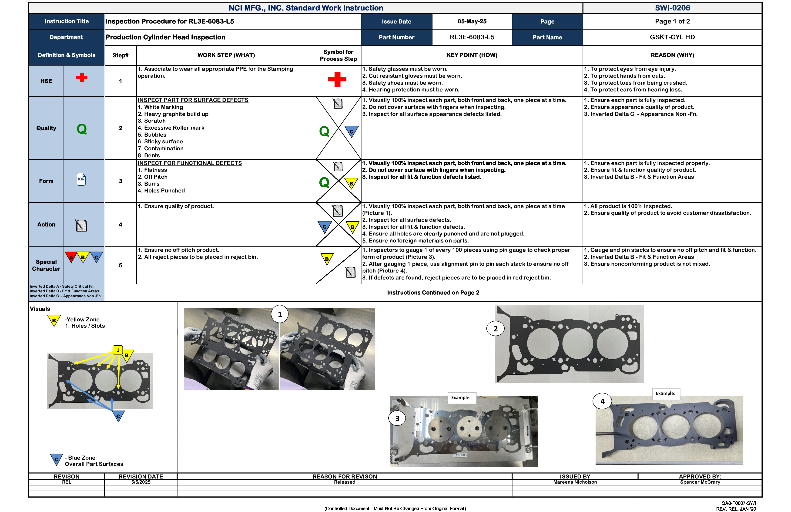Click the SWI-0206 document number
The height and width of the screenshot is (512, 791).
672,8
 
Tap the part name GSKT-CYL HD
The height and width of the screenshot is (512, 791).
672,37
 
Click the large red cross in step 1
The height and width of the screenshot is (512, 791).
337,79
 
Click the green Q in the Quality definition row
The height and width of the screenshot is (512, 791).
81,129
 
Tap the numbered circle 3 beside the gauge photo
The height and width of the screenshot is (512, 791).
397,418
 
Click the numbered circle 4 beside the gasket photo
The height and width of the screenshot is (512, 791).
602,401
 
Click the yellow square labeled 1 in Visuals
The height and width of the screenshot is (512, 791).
118,350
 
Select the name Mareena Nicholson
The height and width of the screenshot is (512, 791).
575,482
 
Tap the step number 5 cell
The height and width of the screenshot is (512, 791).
120,265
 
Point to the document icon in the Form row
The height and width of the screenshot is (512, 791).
81,179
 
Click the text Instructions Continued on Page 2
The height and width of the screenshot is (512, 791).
433,293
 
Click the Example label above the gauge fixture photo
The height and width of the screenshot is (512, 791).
461,398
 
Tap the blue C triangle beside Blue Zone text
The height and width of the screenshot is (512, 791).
56,459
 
